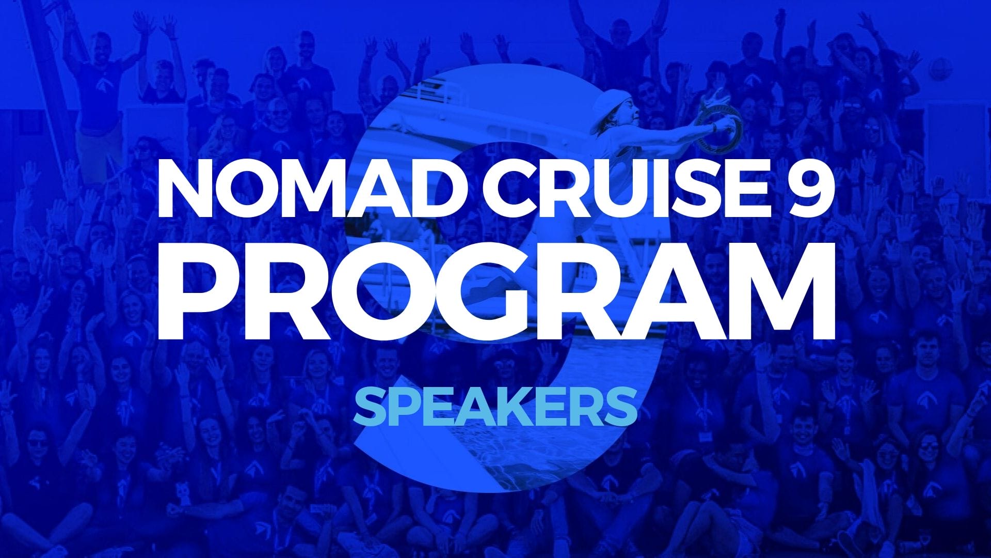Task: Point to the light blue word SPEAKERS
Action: (x=495, y=407)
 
